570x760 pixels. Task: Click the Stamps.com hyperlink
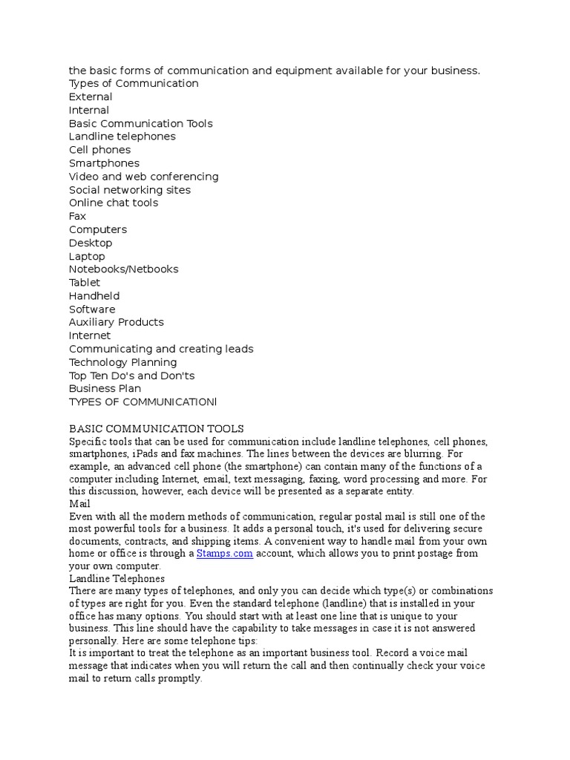225,554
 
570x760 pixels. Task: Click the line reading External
91,97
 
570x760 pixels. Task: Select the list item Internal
89,111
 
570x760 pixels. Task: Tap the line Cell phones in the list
99,150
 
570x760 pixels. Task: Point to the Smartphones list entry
104,163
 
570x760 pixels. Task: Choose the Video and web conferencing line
143,177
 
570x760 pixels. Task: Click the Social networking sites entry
129,190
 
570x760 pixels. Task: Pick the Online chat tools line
113,203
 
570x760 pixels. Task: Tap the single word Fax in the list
77,217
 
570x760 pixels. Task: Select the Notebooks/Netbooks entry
123,269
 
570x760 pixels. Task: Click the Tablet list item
84,283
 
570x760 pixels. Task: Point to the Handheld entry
94,296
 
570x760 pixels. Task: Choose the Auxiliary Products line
116,323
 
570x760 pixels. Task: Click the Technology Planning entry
122,363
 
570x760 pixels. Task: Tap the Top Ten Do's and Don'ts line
131,376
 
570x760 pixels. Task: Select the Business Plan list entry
105,389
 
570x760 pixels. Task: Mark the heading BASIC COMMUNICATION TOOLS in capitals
156,429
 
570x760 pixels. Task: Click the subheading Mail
79,504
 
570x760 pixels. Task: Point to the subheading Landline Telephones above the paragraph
117,579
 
